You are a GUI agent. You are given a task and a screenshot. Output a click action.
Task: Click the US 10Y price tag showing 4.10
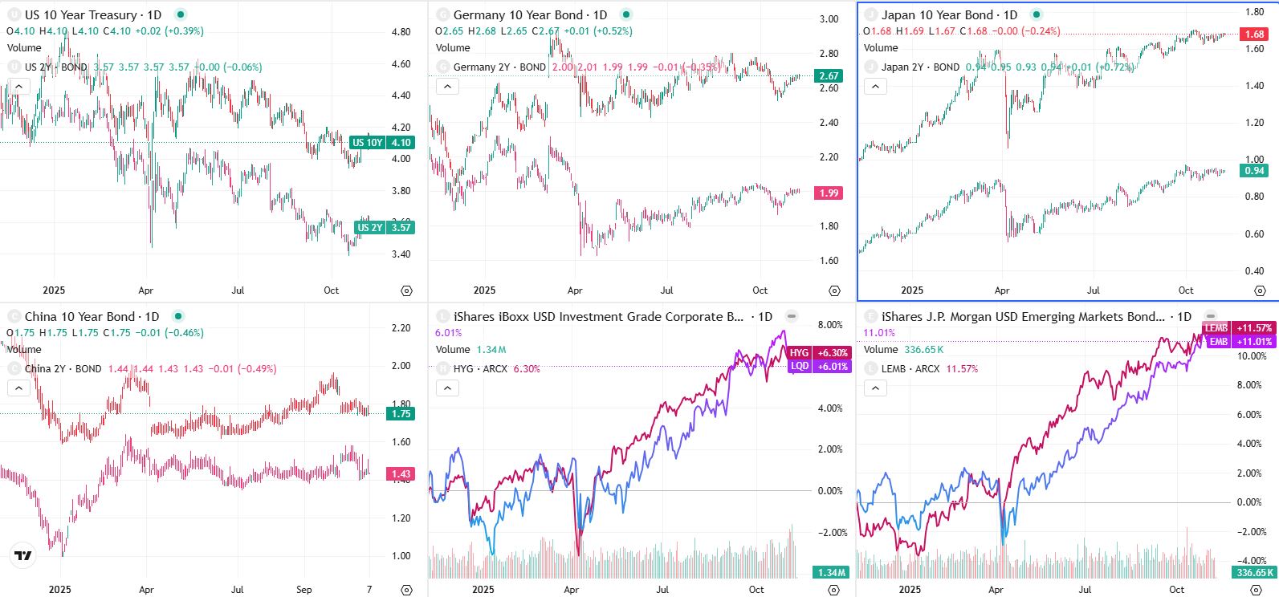coord(382,143)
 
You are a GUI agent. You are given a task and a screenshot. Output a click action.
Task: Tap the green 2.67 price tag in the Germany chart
coord(829,76)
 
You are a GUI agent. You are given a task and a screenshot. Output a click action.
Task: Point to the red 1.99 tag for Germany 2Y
coord(829,193)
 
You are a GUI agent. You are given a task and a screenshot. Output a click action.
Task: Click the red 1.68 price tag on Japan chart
coord(1254,35)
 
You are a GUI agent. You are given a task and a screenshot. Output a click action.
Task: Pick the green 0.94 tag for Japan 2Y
coord(1254,171)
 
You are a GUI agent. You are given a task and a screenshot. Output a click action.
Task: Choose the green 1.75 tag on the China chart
coord(401,414)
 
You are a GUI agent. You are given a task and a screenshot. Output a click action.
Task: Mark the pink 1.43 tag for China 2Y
coord(401,474)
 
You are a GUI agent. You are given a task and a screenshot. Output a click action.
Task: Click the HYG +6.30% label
coord(818,353)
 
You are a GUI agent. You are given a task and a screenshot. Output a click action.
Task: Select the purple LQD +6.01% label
coord(818,367)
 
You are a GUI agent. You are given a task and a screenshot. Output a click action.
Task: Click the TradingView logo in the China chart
coord(23,555)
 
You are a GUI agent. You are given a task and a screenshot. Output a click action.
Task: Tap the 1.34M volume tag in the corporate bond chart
coord(831,573)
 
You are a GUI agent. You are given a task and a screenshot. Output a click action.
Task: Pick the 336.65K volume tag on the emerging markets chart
coord(1253,573)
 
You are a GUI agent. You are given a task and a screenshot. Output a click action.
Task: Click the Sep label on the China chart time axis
coord(303,590)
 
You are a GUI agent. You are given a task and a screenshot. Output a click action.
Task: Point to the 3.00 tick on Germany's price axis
coord(829,19)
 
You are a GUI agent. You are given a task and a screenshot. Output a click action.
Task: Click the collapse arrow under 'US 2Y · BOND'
coord(18,87)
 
